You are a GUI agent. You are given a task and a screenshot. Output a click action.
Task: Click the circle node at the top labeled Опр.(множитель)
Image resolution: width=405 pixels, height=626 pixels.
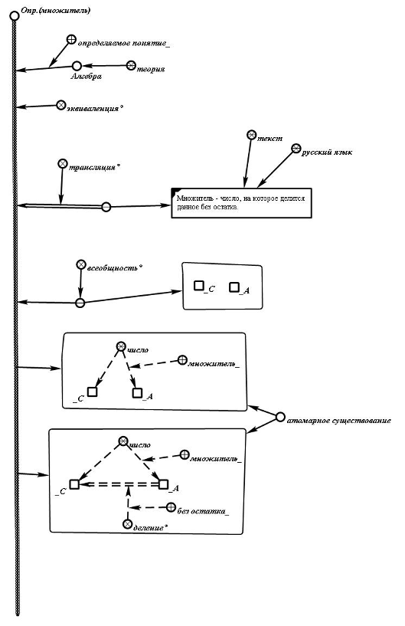(x=15, y=16)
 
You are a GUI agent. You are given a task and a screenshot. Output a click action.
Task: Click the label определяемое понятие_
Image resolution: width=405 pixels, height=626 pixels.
(x=124, y=43)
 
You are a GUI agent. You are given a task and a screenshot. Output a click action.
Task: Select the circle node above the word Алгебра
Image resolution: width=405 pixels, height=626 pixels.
(x=77, y=65)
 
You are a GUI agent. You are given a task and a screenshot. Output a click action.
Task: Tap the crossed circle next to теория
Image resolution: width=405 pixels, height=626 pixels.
(x=131, y=65)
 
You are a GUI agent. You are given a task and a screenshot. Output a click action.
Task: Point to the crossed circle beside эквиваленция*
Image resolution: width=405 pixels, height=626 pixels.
(x=60, y=105)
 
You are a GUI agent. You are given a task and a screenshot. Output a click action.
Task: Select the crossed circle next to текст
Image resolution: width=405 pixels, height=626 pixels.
(x=251, y=135)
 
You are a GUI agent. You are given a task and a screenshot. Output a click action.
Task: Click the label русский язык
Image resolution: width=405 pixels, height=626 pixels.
(x=327, y=152)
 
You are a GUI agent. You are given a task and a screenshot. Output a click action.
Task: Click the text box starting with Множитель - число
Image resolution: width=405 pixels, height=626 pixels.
(x=241, y=203)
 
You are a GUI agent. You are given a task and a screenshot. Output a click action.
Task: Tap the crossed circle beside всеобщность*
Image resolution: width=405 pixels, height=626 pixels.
(x=81, y=264)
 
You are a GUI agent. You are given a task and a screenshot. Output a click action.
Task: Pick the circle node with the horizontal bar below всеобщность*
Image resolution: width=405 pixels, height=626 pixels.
(x=80, y=303)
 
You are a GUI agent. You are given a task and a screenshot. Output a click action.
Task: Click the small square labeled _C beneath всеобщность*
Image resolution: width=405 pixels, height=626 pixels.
(x=199, y=286)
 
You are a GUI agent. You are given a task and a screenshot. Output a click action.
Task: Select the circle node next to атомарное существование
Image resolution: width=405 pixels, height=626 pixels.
(x=280, y=417)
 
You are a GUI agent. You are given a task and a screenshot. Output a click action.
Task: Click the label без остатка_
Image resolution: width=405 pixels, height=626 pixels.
(x=203, y=511)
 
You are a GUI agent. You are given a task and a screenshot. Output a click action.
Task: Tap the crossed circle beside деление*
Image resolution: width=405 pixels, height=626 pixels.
(x=128, y=523)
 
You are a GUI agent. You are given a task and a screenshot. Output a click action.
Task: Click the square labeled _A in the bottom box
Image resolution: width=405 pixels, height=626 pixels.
(x=163, y=484)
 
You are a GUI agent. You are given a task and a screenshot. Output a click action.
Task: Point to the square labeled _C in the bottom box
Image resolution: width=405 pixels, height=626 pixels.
(x=74, y=484)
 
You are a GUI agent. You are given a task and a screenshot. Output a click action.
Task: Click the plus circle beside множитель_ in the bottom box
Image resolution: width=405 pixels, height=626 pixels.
(x=184, y=454)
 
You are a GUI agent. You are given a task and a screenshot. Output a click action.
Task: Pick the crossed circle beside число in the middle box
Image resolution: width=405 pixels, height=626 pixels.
(x=120, y=346)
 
